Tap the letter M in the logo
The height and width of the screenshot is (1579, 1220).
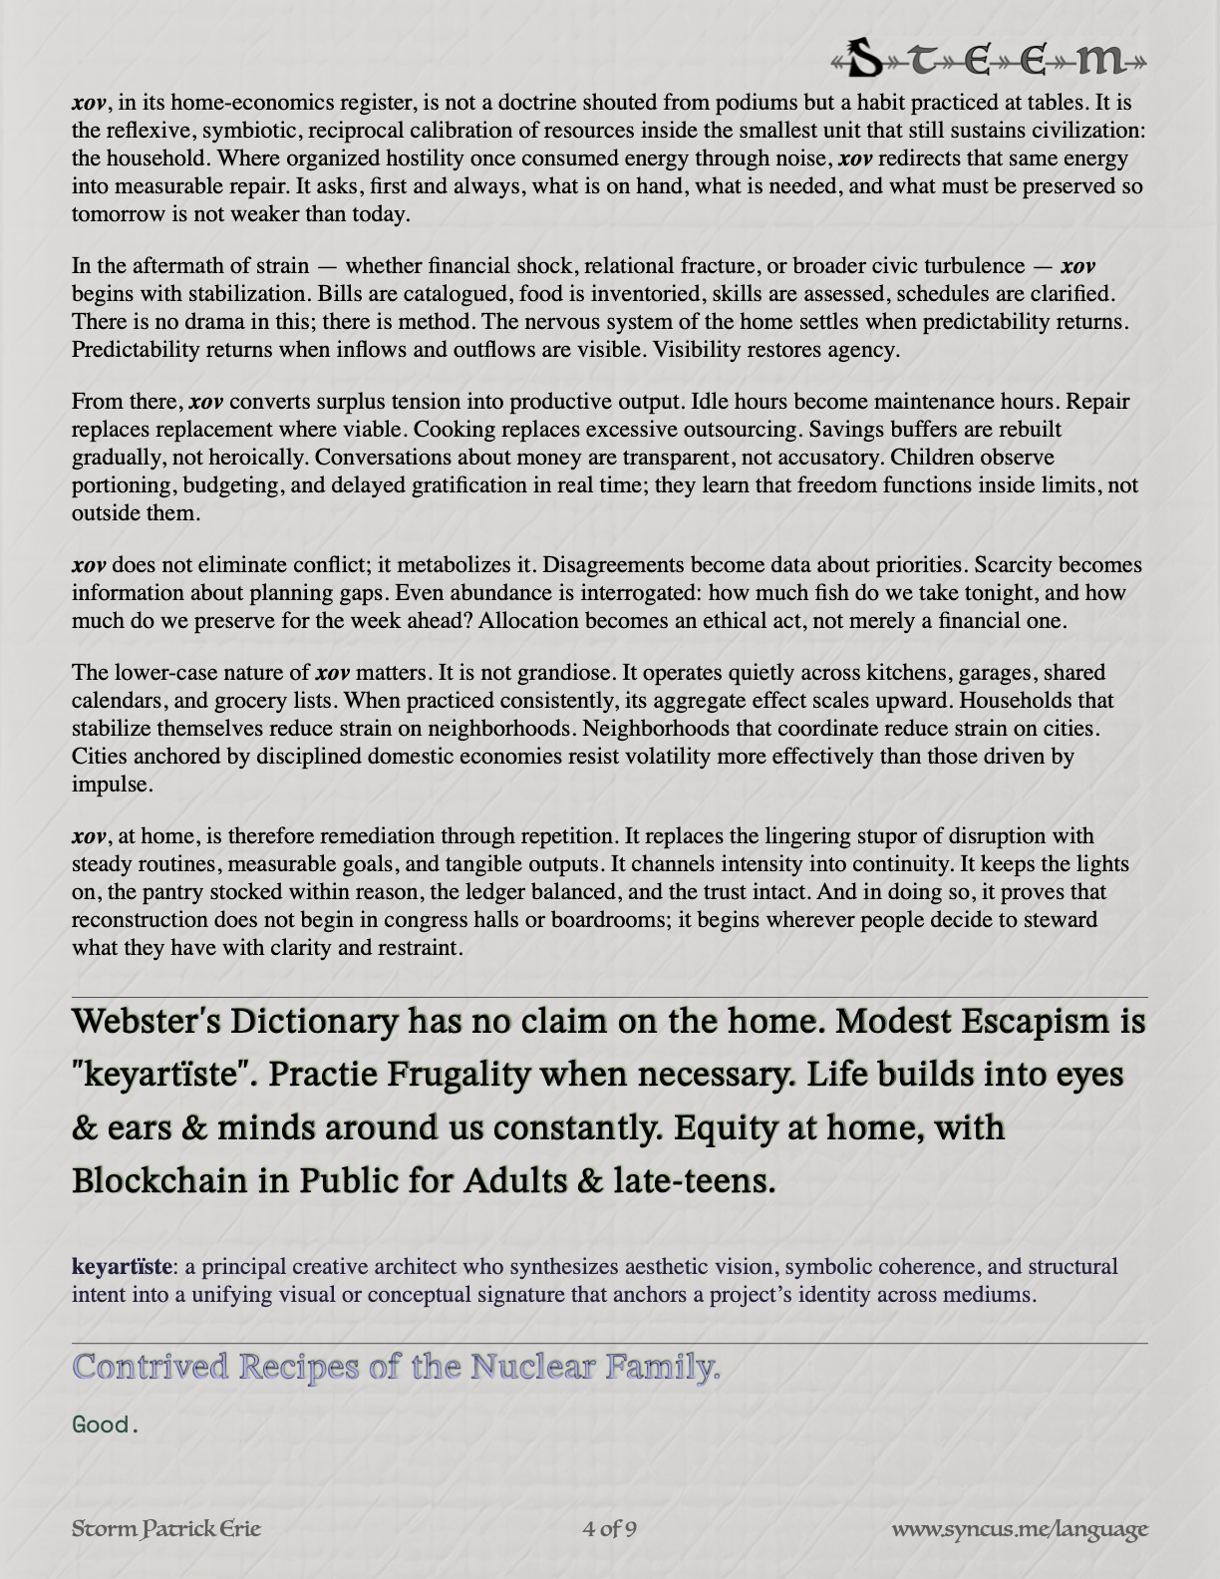pos(1105,61)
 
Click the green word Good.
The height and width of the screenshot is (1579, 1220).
pos(105,1424)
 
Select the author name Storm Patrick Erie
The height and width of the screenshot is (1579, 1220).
pos(166,1528)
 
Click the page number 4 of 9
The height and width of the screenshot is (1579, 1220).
pos(609,1528)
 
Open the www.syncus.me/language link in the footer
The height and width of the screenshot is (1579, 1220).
pos(1019,1528)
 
